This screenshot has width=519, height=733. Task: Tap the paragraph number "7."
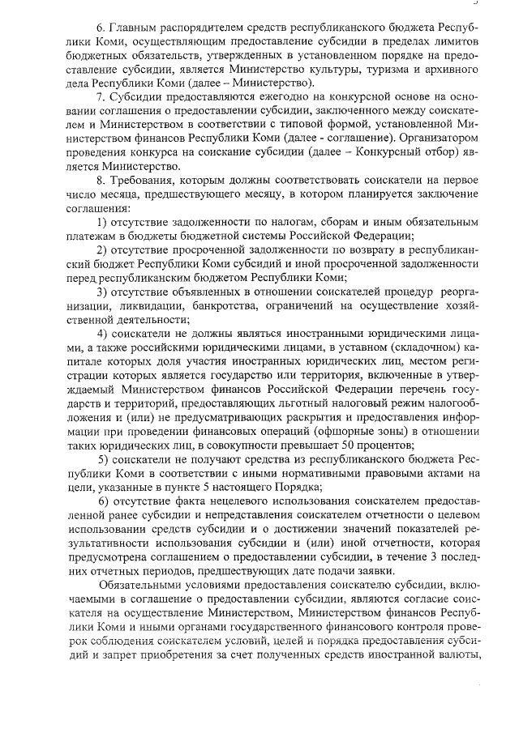click(x=101, y=97)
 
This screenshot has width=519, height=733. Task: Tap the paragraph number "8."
click(x=101, y=178)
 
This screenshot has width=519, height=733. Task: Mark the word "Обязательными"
click(x=143, y=585)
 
